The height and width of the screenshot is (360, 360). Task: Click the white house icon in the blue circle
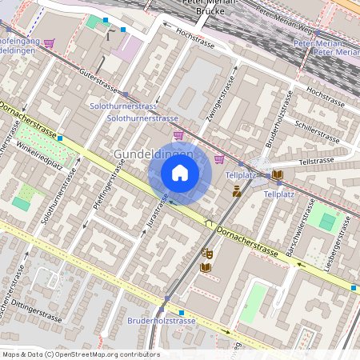(x=180, y=173)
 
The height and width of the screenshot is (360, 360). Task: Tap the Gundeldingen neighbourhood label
(x=154, y=154)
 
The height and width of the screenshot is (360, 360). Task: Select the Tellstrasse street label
(x=315, y=161)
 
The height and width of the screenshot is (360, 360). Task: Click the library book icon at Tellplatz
(x=277, y=174)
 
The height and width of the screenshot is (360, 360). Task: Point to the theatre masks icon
(x=206, y=253)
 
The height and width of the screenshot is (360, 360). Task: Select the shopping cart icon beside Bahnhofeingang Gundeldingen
(x=49, y=43)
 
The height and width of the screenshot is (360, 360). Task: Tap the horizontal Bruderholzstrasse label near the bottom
(x=162, y=321)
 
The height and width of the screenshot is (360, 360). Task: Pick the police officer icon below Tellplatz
(x=237, y=190)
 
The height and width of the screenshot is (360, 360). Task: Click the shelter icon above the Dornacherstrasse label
(x=209, y=223)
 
